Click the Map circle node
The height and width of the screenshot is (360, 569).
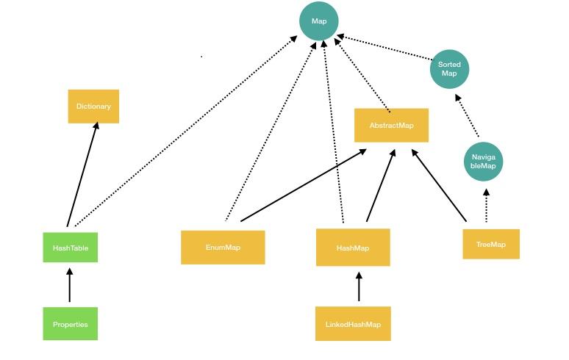tap(319, 21)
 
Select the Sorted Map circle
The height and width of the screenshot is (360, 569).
tap(449, 69)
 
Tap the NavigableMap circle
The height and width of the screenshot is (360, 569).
tap(484, 162)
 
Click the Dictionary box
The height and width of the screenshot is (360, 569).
tap(93, 107)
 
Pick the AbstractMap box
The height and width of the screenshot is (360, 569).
tap(391, 126)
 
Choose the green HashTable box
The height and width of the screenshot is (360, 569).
tap(71, 248)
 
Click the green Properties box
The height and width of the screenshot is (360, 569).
tap(71, 324)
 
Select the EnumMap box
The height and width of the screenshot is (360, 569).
tap(223, 248)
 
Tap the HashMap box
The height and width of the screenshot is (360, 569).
tap(353, 248)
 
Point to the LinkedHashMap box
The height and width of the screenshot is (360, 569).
tap(353, 324)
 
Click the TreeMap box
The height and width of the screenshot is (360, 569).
tap(491, 245)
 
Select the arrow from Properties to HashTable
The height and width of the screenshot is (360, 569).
tap(70, 285)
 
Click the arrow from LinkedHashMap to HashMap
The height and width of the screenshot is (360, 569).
tap(359, 287)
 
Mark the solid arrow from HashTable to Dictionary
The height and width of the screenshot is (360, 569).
tap(82, 175)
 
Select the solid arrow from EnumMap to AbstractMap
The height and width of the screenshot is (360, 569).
tap(303, 185)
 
